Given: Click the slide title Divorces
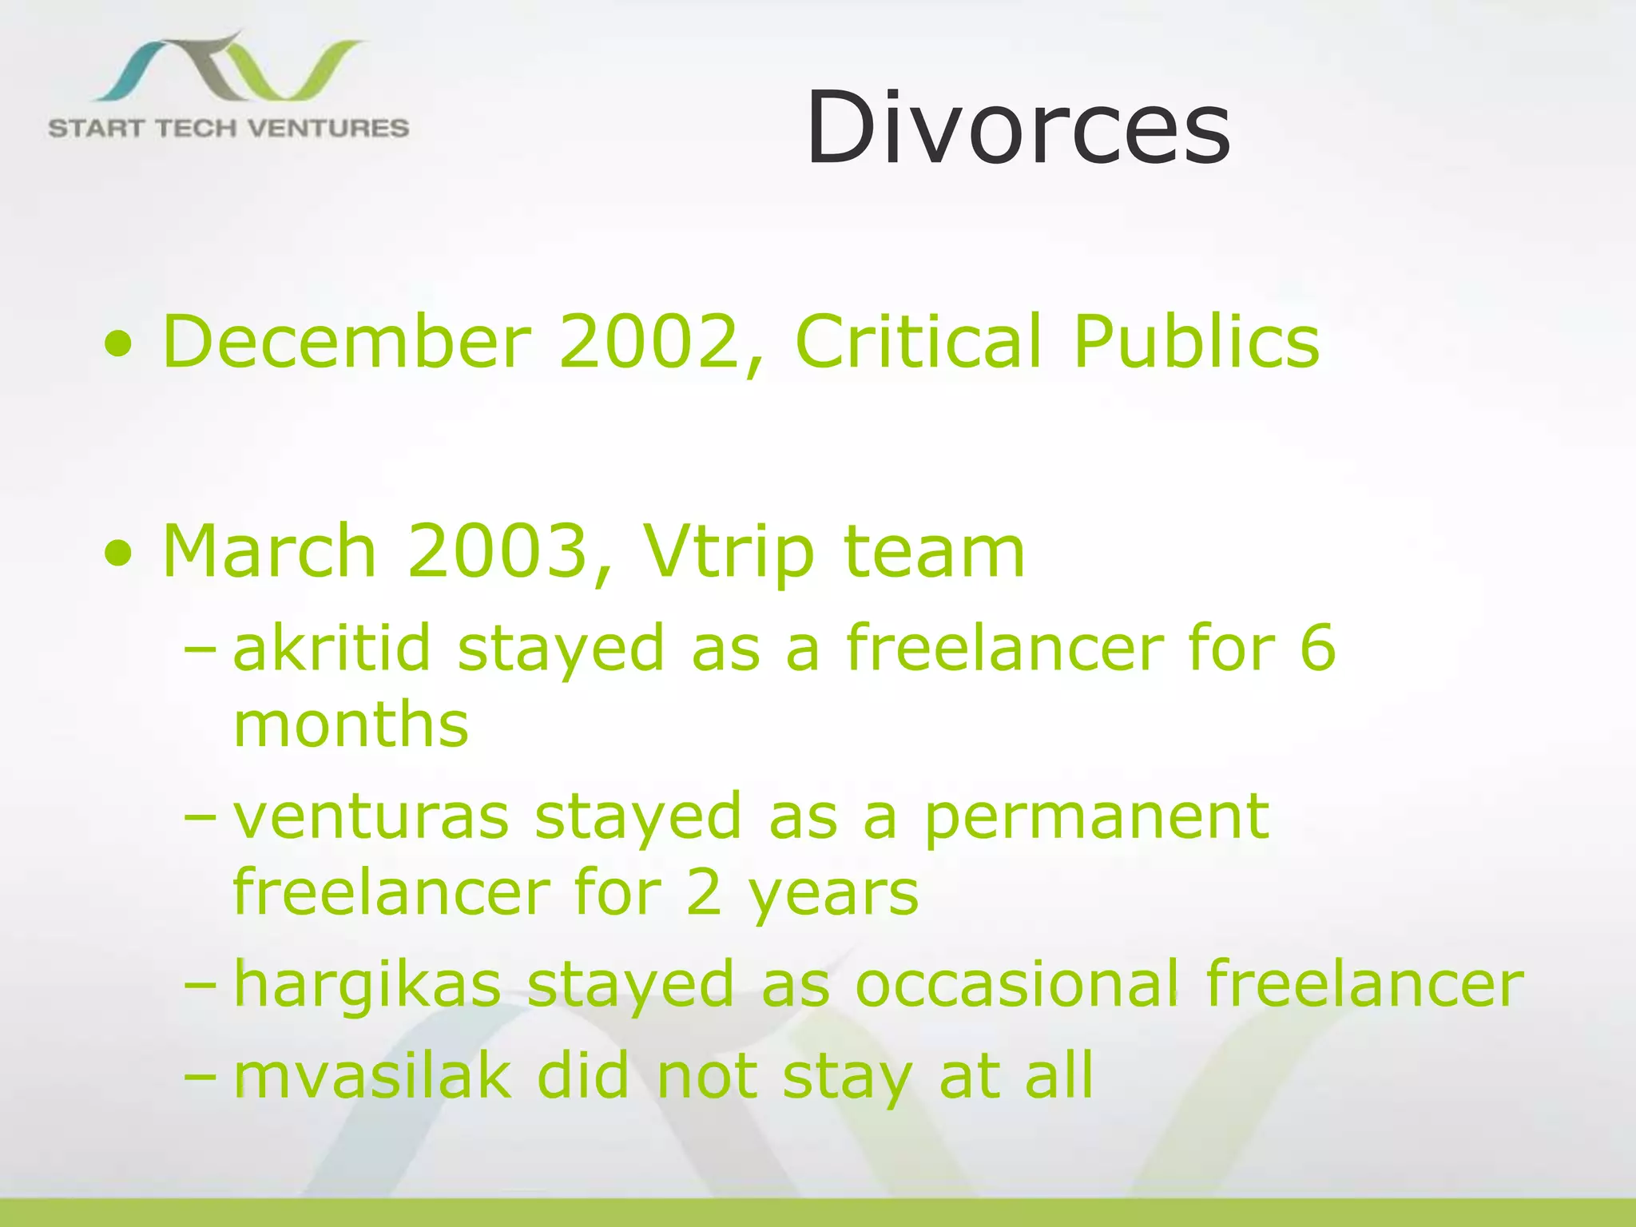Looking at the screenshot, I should coord(1019,128).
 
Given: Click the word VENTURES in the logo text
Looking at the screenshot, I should coord(328,129).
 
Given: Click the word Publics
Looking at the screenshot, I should coord(1196,342).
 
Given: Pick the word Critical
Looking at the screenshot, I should coord(919,342).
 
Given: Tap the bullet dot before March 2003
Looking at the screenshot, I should coord(118,552).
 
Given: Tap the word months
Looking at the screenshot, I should coord(351,725).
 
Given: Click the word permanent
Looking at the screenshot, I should coord(1096,819).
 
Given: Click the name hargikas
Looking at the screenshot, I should coord(367,985).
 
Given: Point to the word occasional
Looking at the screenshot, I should coord(1016,983).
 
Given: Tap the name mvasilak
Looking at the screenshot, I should coord(371,1076).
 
